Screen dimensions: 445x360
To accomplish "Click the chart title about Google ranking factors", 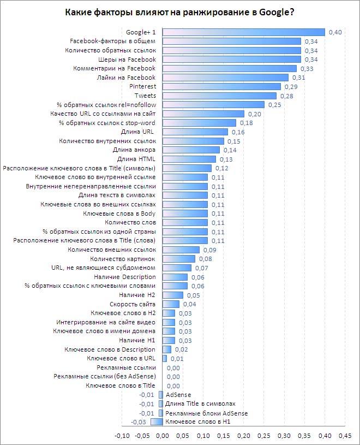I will coord(180,11).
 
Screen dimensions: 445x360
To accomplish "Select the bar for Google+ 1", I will coord(244,32).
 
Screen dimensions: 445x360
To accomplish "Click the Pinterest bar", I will coord(221,86).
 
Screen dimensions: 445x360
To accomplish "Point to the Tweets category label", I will coord(145,96).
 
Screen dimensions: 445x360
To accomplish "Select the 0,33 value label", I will coord(306,69).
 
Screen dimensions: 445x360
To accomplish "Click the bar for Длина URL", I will coord(195,132).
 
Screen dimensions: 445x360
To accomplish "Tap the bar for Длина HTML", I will coord(189,159).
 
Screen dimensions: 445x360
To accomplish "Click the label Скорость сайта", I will coord(133,304).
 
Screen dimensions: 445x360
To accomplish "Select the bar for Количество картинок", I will coord(179,259).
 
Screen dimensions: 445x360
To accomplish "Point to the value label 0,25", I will coord(274,105).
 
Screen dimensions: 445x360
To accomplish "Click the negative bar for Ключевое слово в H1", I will coord(157,422).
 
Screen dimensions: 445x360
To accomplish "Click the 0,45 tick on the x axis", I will coord(345,436).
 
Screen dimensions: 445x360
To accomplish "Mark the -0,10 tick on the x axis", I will coord(122,436).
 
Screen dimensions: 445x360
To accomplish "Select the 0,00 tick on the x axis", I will coord(163,436).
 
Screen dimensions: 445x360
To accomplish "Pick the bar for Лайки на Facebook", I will coord(225,78).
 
